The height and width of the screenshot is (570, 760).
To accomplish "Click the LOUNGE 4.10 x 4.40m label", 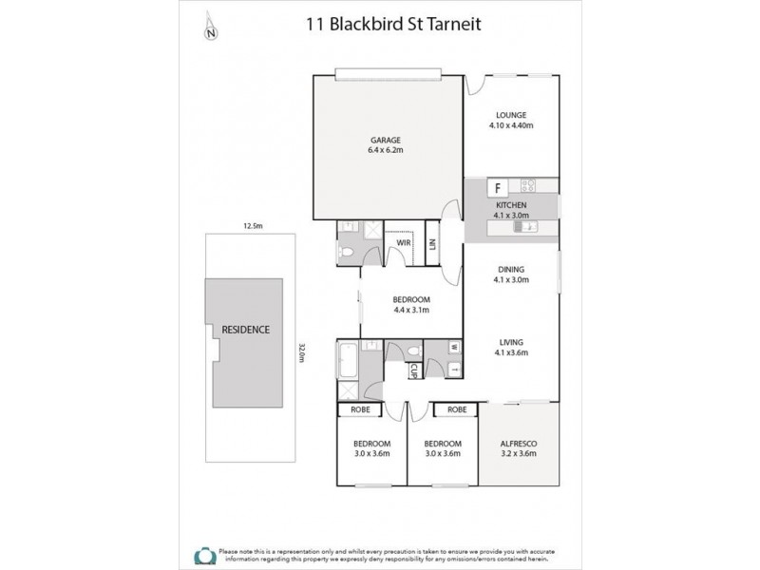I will pos(511,115).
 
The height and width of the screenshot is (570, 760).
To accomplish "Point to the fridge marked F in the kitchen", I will pos(496,187).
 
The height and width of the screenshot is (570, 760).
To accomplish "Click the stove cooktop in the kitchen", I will pos(531,186).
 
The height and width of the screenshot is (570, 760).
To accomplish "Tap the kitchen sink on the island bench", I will pos(529,227).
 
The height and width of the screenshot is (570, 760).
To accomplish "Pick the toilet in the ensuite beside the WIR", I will pos(349,252).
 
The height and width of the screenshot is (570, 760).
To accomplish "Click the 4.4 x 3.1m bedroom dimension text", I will pos(411,310).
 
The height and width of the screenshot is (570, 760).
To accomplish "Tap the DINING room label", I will pos(511,269).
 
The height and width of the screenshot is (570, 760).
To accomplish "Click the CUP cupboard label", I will pos(414,370).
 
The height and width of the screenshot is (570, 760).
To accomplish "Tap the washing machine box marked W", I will pos(453,347).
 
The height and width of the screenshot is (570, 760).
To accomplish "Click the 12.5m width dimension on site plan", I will pos(252,226).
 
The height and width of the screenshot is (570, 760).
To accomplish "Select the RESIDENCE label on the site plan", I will pos(246,330).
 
